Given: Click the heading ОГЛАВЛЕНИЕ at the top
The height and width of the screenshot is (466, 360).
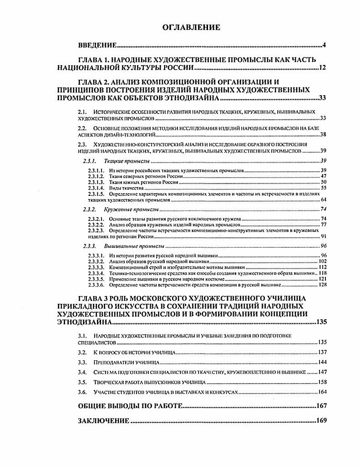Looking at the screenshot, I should [191, 28].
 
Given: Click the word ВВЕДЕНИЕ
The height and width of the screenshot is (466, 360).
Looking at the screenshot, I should [97, 46].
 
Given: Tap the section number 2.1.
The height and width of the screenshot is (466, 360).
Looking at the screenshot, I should [82, 111].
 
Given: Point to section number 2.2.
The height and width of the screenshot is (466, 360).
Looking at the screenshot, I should [82, 128].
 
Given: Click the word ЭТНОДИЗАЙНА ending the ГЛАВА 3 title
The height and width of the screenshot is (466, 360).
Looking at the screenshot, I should [84, 322].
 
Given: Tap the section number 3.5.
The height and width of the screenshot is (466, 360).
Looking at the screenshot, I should [82, 382].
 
